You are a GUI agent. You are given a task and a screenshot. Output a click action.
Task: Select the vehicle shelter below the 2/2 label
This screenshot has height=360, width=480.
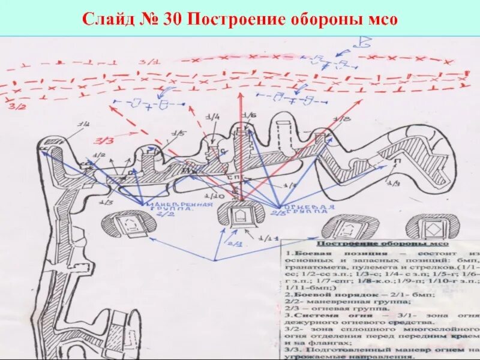(130, 225)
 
